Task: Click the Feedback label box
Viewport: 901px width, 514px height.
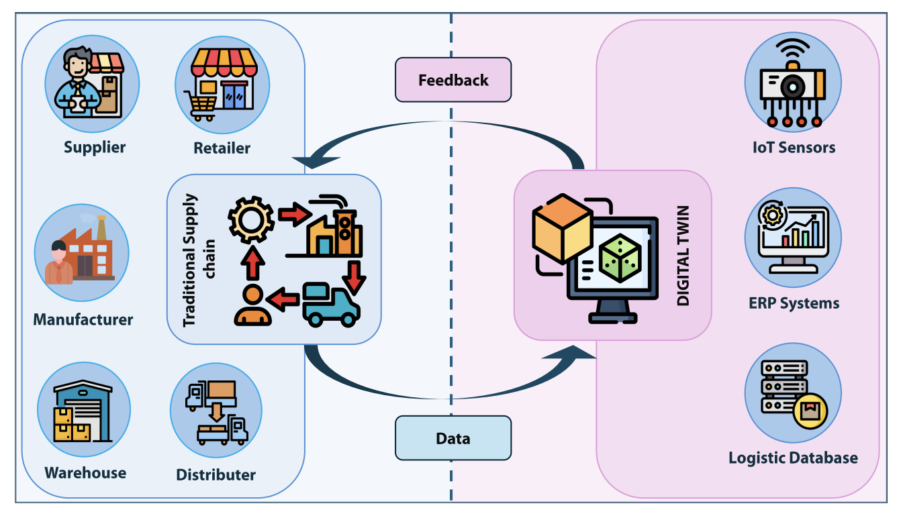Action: (x=453, y=80)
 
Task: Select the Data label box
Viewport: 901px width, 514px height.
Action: (x=453, y=438)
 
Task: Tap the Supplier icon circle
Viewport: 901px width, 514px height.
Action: (x=92, y=84)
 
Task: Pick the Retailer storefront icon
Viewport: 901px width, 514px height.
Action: (x=222, y=84)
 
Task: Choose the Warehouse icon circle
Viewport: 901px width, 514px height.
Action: (x=84, y=410)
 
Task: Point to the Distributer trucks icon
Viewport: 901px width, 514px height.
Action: (x=216, y=411)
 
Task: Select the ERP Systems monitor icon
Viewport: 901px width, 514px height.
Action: (x=793, y=238)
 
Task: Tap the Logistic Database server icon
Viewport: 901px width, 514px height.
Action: (x=793, y=393)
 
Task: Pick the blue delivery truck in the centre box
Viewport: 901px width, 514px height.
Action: (x=330, y=305)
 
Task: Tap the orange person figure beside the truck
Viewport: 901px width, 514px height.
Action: (x=252, y=306)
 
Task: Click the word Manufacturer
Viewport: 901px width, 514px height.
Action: (x=83, y=319)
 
